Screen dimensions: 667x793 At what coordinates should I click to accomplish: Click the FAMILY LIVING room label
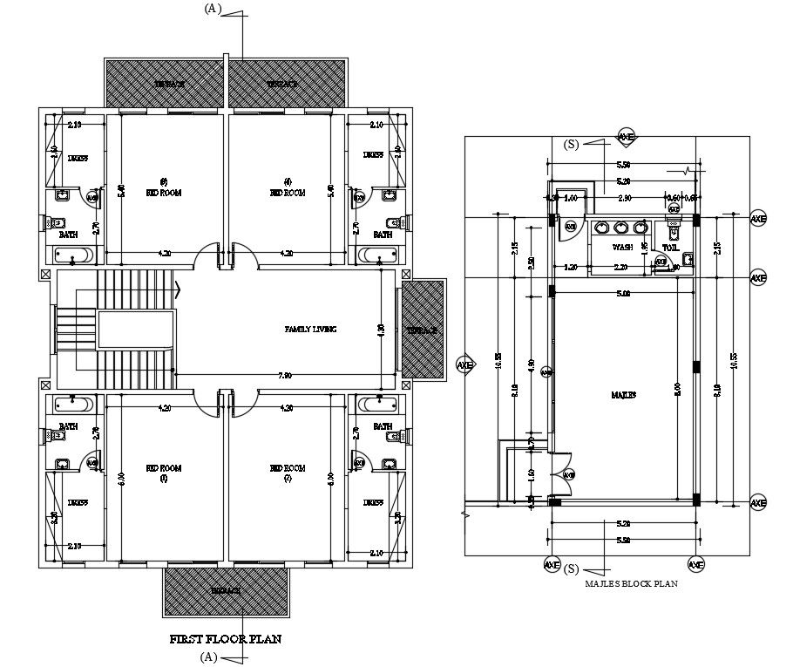point(310,330)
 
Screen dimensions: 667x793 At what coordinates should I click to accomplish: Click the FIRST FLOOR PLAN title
point(225,639)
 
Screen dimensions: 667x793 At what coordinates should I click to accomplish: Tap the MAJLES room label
point(624,394)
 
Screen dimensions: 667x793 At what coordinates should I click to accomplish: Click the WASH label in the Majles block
point(622,248)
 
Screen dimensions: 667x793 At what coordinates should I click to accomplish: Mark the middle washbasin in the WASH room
point(620,228)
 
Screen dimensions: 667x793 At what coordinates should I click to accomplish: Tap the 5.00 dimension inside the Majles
point(622,294)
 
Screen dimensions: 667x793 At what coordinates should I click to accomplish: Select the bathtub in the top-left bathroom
point(72,255)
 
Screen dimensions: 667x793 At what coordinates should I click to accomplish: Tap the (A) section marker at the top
point(213,8)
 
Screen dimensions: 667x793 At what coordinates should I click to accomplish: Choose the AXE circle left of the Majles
point(464,365)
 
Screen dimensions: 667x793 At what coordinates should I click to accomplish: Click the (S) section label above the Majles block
point(572,143)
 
